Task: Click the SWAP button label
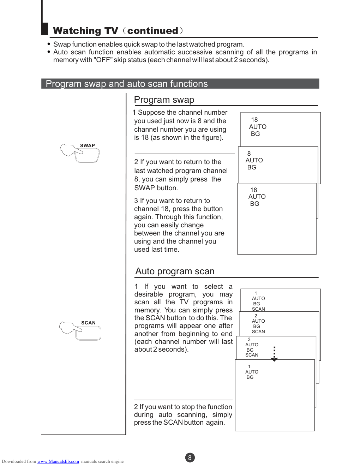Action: (x=88, y=145)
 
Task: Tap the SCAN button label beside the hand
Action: (x=88, y=323)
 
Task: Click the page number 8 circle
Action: (x=190, y=458)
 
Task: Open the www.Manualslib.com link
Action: (x=58, y=461)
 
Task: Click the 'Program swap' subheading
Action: (x=164, y=100)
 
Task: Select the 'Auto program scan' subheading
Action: (x=175, y=271)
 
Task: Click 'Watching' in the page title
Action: (x=77, y=31)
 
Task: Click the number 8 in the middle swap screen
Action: (x=249, y=154)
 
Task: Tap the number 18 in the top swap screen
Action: (x=254, y=120)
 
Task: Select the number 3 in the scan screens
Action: (x=249, y=339)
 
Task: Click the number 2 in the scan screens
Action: (x=256, y=316)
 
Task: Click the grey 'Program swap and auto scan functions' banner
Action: (x=180, y=84)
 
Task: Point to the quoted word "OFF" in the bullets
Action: (x=103, y=60)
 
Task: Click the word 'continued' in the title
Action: (x=152, y=31)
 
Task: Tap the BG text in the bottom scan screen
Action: (x=250, y=377)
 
